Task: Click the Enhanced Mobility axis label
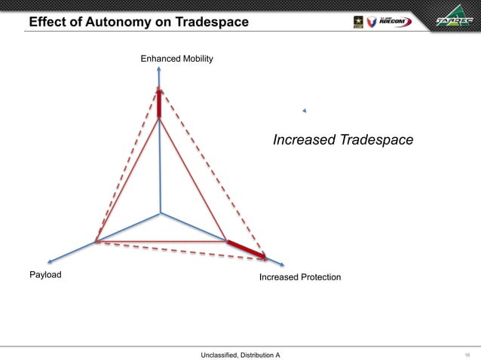pos(176,58)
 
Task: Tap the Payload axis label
pos(45,275)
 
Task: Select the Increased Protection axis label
pos(299,278)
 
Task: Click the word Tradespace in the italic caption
pos(375,140)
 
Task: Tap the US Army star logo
pos(357,21)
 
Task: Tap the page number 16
pos(467,354)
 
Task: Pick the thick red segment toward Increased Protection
pos(247,250)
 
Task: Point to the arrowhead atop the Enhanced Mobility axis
pos(160,69)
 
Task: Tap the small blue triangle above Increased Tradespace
pos(304,111)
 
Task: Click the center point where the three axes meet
pos(161,214)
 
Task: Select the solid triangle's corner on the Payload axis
pos(96,242)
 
